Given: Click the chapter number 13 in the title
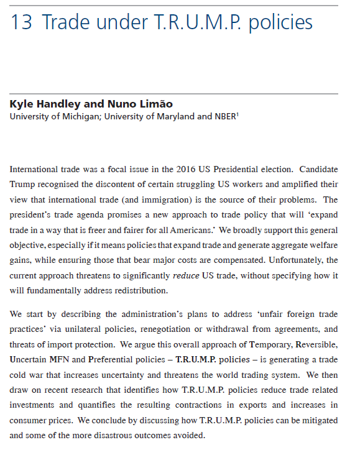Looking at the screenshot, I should pos(21,23).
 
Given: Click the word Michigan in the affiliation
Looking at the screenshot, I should pos(78,116).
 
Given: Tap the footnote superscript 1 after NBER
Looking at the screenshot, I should pos(238,113).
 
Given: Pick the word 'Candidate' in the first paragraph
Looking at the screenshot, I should pos(315,169).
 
